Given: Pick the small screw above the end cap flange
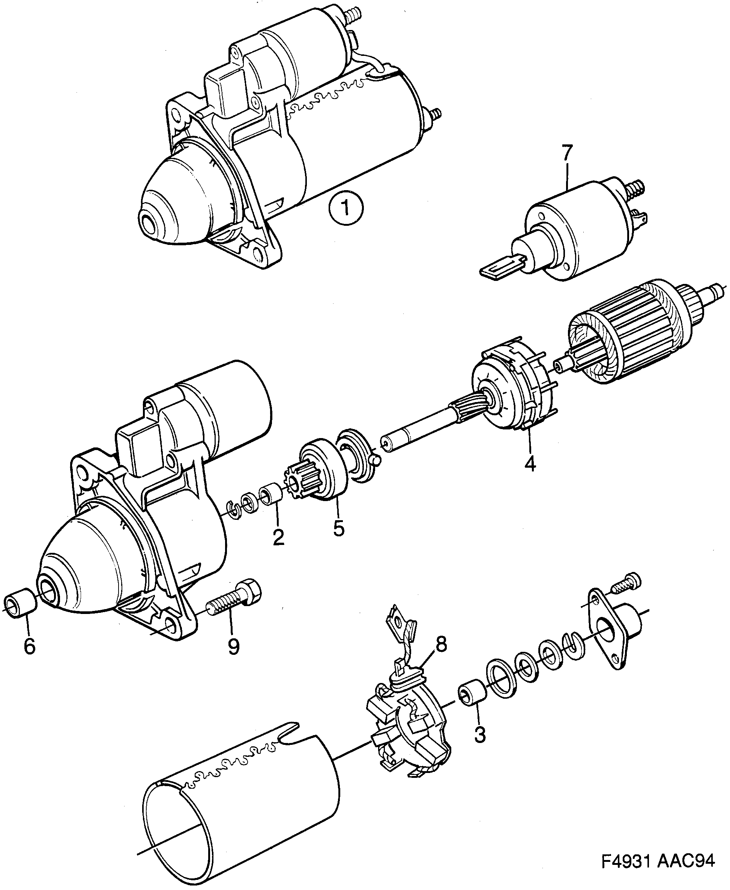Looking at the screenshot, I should (x=626, y=583).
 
